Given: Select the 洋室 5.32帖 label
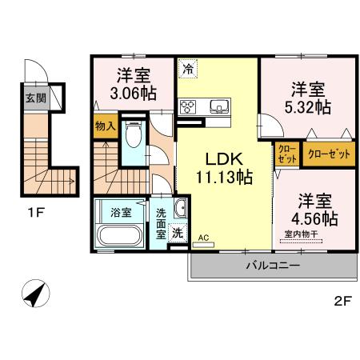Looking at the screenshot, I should [308, 98].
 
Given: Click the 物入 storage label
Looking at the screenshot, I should [105, 126].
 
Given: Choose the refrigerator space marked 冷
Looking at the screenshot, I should [189, 70].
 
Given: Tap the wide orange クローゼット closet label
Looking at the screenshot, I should [329, 154].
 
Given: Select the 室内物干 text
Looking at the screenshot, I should [300, 234].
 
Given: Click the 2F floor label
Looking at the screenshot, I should [342, 302].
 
